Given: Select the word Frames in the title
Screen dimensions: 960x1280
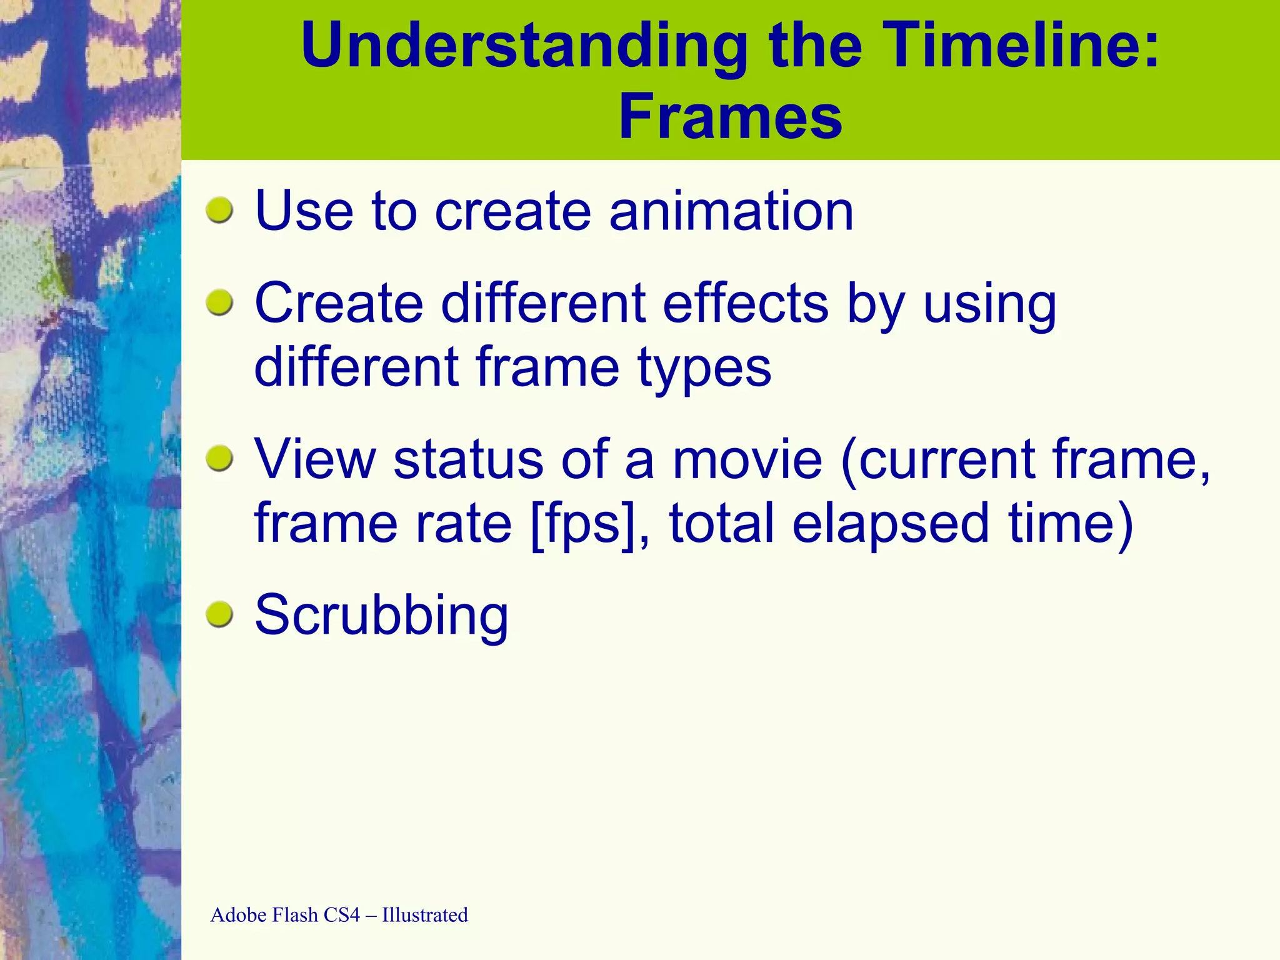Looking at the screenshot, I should pos(730,117).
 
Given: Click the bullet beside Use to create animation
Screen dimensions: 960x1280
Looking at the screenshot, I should pos(219,211).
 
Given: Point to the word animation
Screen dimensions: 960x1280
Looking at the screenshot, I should pos(731,211).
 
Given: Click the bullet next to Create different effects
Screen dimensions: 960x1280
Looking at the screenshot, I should pos(219,303).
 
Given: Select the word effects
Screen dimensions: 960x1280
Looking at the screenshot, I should pos(745,304).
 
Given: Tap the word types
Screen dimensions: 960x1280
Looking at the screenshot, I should pos(704,369).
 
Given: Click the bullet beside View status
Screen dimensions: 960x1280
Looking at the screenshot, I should pos(219,459).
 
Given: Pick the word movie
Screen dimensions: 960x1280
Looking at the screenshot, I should pos(747,460).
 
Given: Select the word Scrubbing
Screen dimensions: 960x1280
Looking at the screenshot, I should pos(381,616).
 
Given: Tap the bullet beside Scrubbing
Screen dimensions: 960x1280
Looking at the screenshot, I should pos(219,614).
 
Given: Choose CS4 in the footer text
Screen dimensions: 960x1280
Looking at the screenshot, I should pos(342,915).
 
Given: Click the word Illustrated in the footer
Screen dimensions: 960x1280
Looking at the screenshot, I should pos(425,915).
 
